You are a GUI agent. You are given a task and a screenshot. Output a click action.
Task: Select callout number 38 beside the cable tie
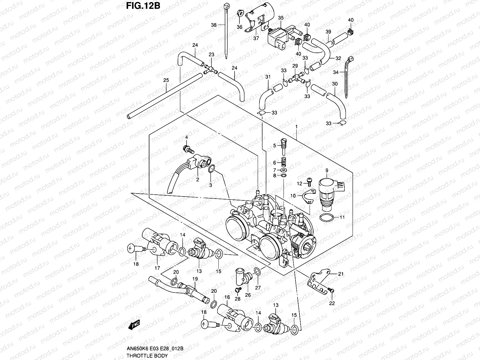(x=214, y=25)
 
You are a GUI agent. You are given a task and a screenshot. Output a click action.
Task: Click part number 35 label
(x=280, y=18)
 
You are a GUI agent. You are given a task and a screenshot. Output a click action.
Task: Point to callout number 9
(x=327, y=170)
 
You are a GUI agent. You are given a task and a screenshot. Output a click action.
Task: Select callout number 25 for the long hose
(x=166, y=80)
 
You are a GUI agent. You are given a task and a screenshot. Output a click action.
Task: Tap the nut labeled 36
(x=240, y=14)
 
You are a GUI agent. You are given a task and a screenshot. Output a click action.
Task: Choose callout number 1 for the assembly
(x=296, y=127)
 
